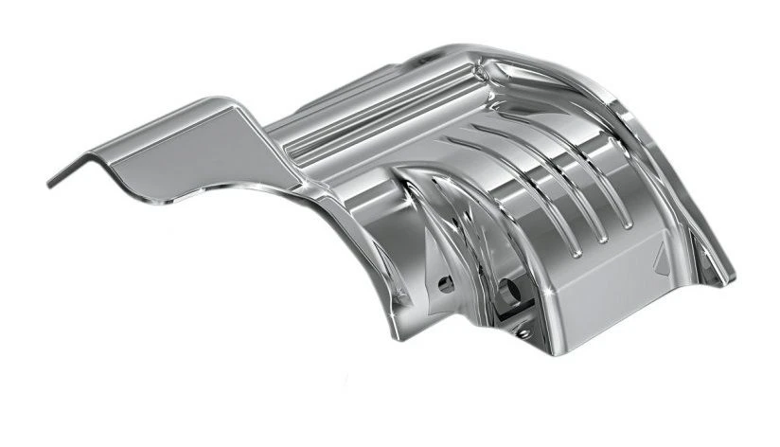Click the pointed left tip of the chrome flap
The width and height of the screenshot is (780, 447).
[50, 181]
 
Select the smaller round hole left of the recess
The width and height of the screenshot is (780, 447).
[446, 282]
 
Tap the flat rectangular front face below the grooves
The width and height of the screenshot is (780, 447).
[606, 284]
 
